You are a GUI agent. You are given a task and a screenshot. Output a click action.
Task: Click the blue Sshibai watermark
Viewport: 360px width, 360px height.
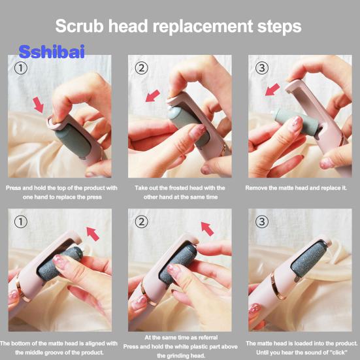click(x=52, y=52)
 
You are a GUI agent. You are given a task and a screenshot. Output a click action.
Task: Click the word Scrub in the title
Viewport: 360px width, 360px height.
click(x=80, y=25)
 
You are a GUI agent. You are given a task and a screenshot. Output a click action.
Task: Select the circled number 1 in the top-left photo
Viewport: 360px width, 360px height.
click(x=21, y=68)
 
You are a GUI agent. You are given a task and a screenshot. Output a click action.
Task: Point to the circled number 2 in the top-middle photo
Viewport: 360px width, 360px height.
click(x=141, y=68)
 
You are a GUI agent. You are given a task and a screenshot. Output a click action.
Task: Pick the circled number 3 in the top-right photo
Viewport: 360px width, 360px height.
click(x=262, y=68)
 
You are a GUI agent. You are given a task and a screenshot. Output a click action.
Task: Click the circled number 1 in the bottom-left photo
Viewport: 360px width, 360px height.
click(x=21, y=221)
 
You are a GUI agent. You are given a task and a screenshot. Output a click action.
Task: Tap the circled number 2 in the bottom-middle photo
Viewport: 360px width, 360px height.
click(x=141, y=221)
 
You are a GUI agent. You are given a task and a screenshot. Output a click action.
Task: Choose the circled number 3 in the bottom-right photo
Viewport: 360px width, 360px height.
click(x=262, y=221)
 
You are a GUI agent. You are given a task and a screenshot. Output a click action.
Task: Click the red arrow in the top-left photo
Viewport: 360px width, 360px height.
click(x=38, y=105)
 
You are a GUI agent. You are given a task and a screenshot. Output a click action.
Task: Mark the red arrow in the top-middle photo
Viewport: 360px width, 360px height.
click(x=153, y=96)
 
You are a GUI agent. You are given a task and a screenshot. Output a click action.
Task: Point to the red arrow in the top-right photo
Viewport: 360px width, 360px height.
click(x=272, y=90)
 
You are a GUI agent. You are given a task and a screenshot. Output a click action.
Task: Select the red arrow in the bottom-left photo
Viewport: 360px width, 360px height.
click(x=93, y=234)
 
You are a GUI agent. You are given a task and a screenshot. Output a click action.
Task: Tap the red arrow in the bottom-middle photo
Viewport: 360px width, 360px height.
click(x=207, y=229)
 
